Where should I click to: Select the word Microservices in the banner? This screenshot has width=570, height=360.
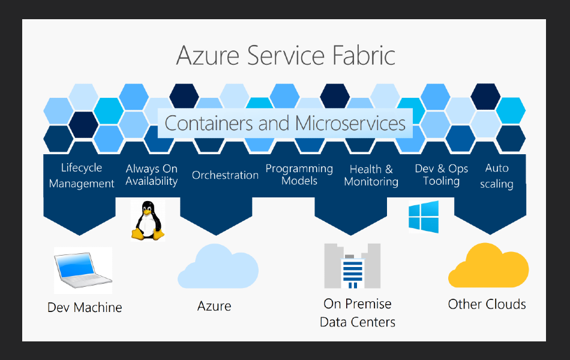[x=350, y=124]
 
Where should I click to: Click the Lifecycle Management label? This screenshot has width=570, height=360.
[x=82, y=176]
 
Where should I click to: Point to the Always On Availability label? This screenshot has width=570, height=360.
[x=152, y=175]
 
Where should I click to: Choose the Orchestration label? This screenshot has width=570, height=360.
[x=225, y=175]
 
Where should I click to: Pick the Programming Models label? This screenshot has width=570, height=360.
[x=299, y=175]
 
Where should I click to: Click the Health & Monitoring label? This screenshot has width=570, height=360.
[x=371, y=175]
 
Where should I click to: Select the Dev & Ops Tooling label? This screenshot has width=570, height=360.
[x=441, y=175]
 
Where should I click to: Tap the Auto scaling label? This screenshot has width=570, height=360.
[x=497, y=176]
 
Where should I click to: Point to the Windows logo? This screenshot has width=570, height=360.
[x=424, y=217]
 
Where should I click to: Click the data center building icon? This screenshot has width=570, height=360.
[x=352, y=266]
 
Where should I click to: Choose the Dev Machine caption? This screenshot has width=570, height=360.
[x=85, y=308]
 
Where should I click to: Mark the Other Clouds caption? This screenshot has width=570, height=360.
[x=487, y=304]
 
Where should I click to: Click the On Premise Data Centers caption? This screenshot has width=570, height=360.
[x=358, y=313]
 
